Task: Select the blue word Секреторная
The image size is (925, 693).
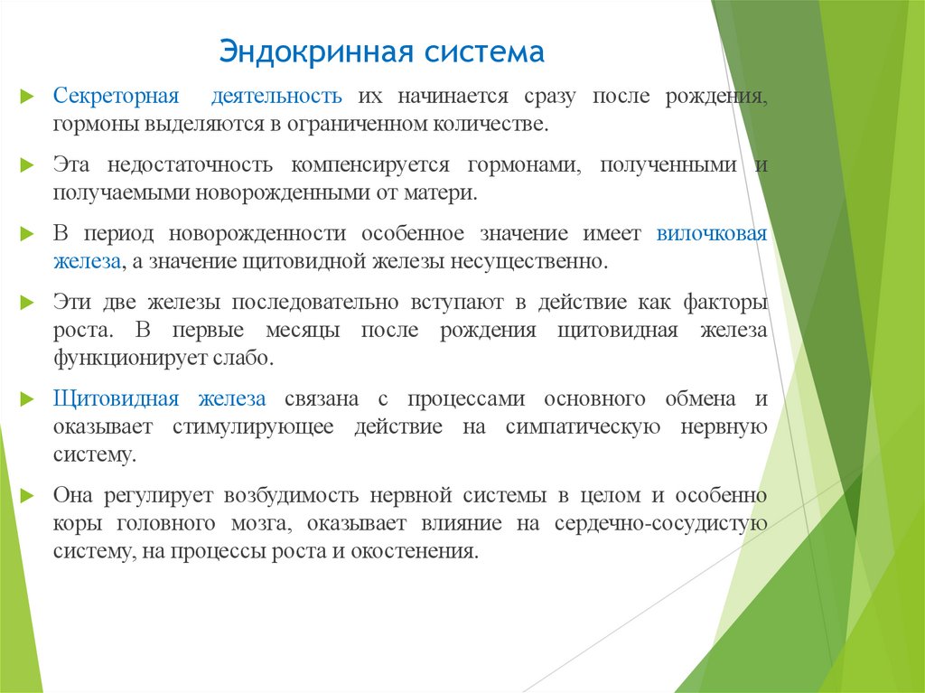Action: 114,96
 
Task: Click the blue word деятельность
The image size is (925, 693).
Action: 276,96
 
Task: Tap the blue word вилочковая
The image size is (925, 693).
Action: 712,234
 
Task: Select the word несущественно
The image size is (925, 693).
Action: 533,261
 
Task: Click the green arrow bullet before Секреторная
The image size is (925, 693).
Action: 30,96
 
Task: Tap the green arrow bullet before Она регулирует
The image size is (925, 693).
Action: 30,496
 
